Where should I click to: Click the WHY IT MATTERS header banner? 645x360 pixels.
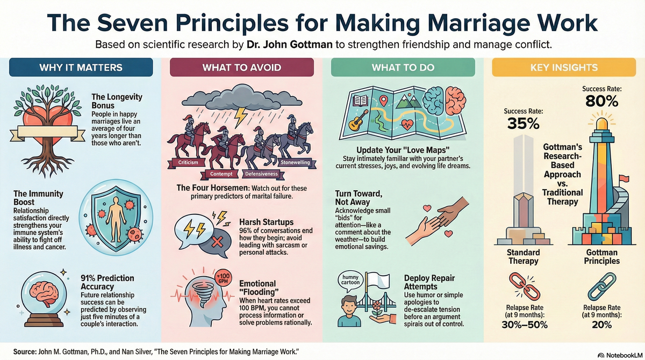[81, 68]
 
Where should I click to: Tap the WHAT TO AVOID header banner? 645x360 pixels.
[241, 68]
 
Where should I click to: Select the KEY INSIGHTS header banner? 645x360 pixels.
[564, 68]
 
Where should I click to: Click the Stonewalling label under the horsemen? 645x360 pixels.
[295, 162]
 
